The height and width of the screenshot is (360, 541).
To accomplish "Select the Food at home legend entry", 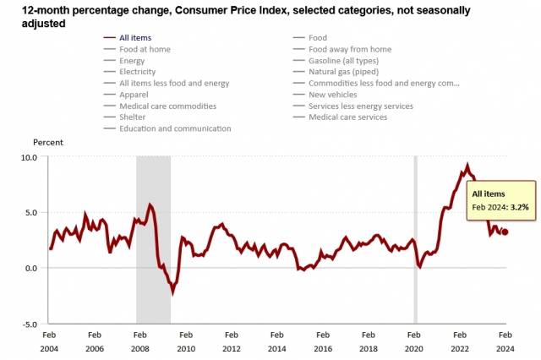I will click(x=145, y=49).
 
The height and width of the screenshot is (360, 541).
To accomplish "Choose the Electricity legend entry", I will click(x=139, y=72).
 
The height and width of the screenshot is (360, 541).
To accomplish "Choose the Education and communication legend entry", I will click(x=175, y=128).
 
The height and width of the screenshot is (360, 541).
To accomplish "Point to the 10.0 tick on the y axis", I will click(x=29, y=157).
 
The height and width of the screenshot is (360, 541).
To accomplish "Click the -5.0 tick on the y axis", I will click(x=29, y=324).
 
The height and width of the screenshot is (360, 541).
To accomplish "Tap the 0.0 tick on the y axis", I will click(x=30, y=268).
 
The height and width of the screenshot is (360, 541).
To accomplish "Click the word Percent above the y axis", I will click(x=48, y=143).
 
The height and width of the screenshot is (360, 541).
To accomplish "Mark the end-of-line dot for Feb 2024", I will click(x=505, y=232).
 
